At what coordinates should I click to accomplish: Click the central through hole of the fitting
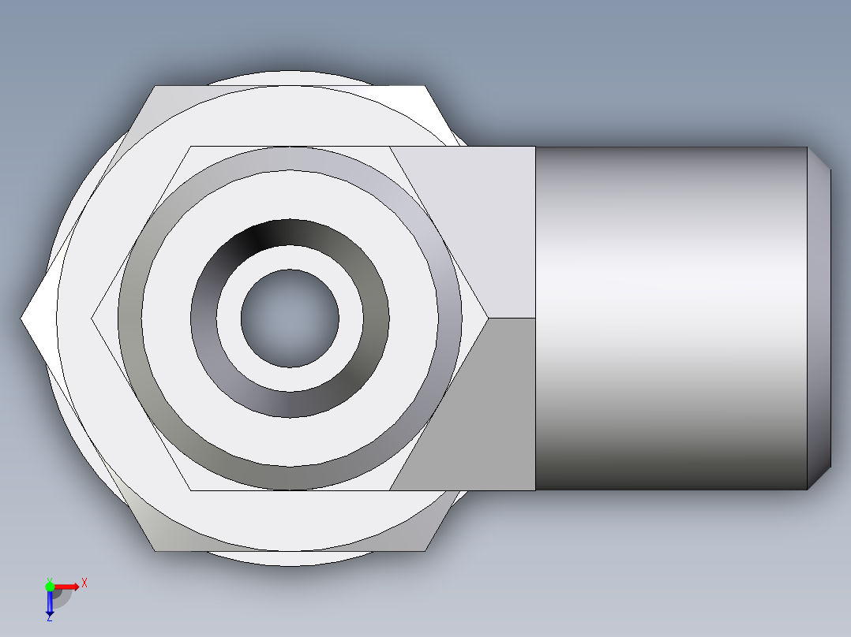290,318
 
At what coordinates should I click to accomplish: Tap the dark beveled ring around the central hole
290,233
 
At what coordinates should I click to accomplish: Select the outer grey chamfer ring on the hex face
290,158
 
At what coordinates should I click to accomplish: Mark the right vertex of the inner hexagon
486,318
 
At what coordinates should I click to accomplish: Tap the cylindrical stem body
671,318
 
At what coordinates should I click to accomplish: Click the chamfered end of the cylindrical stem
819,318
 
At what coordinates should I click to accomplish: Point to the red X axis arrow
68,587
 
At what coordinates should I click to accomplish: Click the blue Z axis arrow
50,603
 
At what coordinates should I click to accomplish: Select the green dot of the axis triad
50,586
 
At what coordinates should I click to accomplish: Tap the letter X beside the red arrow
84,583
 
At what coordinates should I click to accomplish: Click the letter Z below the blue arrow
50,619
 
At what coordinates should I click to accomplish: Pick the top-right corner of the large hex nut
425,87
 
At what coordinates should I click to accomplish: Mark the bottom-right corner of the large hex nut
425,550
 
